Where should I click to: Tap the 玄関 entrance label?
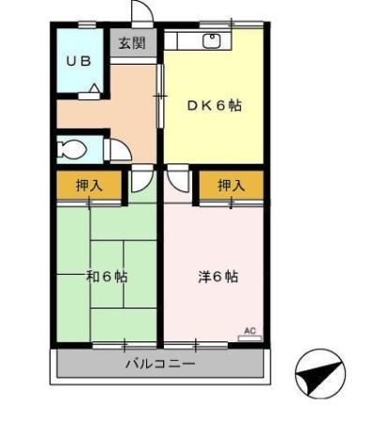[x=131, y=43]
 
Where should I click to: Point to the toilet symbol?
[x=70, y=148]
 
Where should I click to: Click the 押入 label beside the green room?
[x=89, y=186]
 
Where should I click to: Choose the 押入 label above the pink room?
[x=231, y=186]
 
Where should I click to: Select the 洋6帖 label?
[x=216, y=277]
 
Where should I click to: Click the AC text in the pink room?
[x=249, y=329]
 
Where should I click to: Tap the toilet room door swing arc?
[x=118, y=150]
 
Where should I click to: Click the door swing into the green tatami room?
[x=142, y=179]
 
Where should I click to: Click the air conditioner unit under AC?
[x=249, y=338]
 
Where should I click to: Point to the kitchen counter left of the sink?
[x=183, y=40]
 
